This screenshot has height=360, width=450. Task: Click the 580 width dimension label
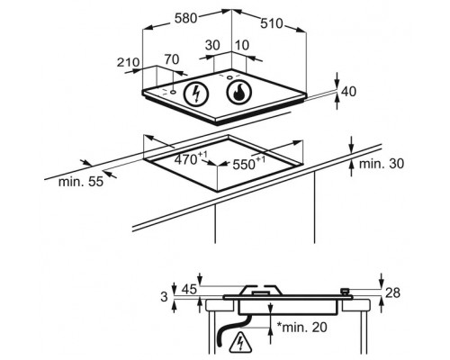tap(185, 18)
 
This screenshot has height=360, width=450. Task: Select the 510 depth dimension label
tap(272, 23)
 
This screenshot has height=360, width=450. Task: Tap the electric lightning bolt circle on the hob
tap(196, 93)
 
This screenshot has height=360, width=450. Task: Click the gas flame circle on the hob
tap(239, 92)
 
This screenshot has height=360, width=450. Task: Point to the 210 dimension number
tap(128, 62)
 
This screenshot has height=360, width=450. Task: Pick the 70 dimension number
tap(172, 59)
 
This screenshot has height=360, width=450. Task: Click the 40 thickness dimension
tap(348, 92)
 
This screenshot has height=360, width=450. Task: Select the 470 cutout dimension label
tap(191, 158)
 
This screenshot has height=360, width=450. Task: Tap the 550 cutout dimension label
tap(249, 163)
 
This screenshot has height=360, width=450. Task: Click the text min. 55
tap(81, 182)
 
